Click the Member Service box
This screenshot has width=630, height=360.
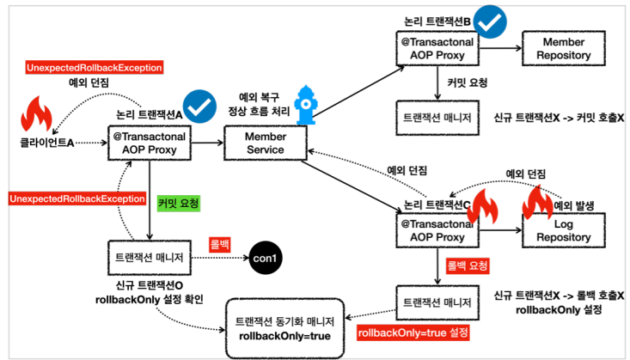(x=265, y=143)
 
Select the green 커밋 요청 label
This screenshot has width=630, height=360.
(x=179, y=204)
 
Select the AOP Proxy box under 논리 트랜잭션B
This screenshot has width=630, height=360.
(x=433, y=50)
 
